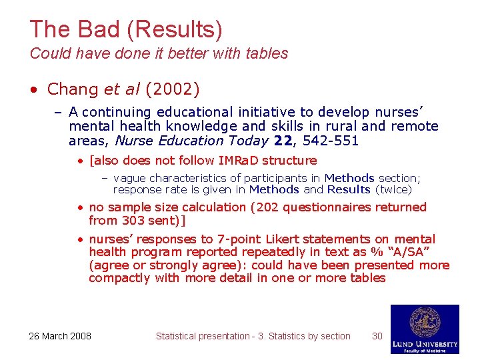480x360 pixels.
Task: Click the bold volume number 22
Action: (285, 141)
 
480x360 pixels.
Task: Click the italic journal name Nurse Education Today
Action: (191, 141)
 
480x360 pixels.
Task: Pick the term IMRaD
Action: (239, 161)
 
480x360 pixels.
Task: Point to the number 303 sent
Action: (135, 220)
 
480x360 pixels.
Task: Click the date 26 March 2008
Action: (60, 336)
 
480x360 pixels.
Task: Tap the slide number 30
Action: (377, 336)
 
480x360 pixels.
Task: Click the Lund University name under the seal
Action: (425, 343)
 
